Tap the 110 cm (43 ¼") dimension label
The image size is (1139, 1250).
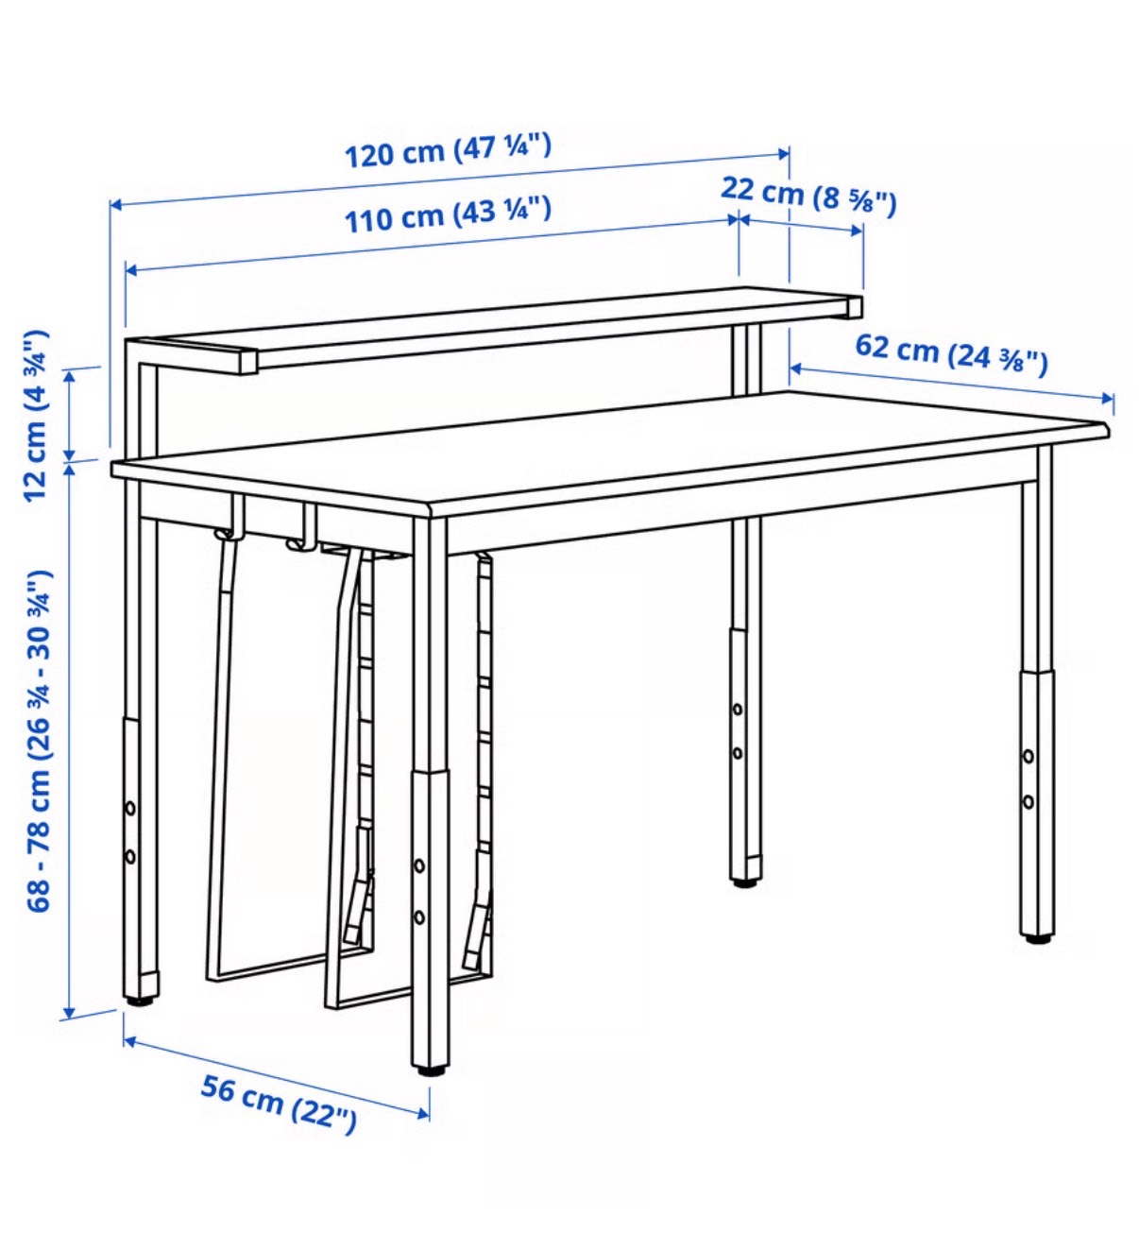click(x=449, y=214)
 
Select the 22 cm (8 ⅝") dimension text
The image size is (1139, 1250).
click(x=808, y=196)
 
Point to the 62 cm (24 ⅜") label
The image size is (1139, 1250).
click(x=951, y=355)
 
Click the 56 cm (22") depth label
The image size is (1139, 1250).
click(x=279, y=1104)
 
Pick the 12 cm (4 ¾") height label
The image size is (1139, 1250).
click(x=36, y=416)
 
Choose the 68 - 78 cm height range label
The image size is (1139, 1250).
click(x=38, y=741)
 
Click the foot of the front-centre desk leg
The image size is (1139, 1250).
click(x=432, y=1071)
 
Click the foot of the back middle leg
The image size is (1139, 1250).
click(x=745, y=882)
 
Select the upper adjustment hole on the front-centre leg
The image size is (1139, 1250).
click(x=419, y=865)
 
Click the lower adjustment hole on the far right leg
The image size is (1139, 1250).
click(x=1028, y=801)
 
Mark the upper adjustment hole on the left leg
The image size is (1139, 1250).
click(x=130, y=808)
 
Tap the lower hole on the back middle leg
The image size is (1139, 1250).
click(x=738, y=753)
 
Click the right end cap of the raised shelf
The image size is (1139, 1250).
click(x=855, y=307)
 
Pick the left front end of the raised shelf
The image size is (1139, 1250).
click(x=248, y=363)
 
